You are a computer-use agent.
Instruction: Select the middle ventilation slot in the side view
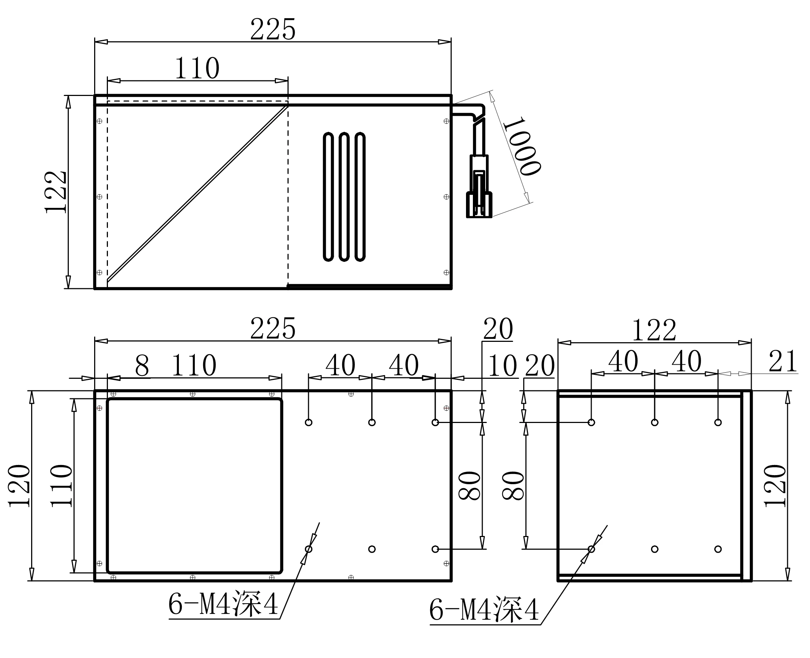click(x=344, y=197)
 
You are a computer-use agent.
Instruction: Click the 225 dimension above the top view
click(x=273, y=30)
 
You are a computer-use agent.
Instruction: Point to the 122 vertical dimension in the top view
click(x=56, y=192)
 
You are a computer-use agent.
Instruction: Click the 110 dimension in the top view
click(x=197, y=68)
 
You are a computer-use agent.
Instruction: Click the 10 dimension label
click(x=502, y=366)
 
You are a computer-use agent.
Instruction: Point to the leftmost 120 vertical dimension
click(x=19, y=486)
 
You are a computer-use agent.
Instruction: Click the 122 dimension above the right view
click(x=654, y=330)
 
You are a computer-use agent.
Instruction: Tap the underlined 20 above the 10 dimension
click(x=498, y=329)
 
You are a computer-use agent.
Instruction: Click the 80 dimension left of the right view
click(x=513, y=486)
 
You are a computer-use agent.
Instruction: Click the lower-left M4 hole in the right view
click(x=591, y=549)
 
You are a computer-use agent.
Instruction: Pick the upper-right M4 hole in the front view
click(x=435, y=422)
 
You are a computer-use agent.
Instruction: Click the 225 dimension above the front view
click(x=273, y=328)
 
